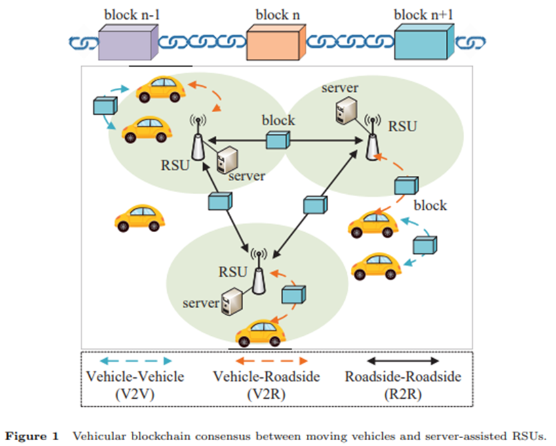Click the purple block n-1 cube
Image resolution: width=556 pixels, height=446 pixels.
(129, 42)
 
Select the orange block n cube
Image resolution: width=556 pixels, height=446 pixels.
(276, 42)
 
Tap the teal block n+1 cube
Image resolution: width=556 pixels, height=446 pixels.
(424, 41)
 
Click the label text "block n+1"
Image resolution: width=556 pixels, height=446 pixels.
(424, 14)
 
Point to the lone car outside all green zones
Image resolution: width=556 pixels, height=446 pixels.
(140, 218)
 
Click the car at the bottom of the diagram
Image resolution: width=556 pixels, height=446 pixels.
(261, 333)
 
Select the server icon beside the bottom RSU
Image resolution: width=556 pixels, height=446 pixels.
(232, 301)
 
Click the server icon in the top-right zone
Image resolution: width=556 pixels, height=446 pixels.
(346, 110)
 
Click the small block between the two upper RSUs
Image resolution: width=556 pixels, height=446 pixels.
(278, 140)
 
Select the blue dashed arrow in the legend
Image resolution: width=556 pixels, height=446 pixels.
(136, 361)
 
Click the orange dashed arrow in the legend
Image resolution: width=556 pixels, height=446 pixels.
(271, 361)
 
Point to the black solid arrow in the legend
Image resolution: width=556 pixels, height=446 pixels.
(403, 361)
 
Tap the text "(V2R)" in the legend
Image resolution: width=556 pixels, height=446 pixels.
(266, 394)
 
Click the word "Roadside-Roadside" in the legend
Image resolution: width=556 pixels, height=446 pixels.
(403, 376)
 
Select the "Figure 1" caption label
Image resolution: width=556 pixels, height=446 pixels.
(31, 436)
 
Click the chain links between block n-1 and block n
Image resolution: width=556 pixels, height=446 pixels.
(203, 42)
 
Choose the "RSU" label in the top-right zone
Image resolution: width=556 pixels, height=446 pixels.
(403, 127)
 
